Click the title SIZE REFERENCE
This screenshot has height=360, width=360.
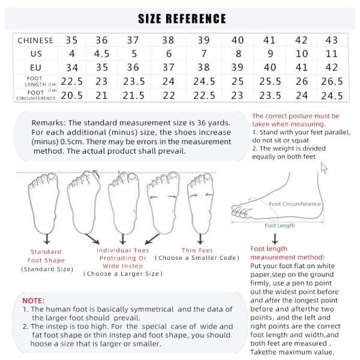click(x=182, y=19)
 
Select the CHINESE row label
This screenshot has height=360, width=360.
click(x=35, y=40)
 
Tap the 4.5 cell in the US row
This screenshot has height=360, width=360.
click(x=102, y=53)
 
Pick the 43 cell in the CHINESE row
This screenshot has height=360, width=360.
click(x=331, y=40)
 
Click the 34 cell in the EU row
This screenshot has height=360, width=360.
click(x=72, y=67)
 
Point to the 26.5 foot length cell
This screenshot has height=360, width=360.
click(x=331, y=81)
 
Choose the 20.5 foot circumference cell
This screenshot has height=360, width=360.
click(x=72, y=95)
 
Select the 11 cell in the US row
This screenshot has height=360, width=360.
click(x=331, y=53)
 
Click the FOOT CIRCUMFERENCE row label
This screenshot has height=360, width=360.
click(x=35, y=95)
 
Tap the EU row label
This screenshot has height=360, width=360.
click(x=35, y=67)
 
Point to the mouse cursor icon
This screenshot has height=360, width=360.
click(x=325, y=167)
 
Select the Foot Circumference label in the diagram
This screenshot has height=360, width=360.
click(x=295, y=204)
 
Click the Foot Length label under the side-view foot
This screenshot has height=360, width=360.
click(x=280, y=226)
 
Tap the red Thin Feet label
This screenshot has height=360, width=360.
click(x=197, y=250)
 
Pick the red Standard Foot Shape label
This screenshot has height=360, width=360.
click(x=46, y=256)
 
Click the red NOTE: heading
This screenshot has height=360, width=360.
click(x=33, y=299)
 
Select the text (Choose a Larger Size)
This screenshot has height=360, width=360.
click(x=122, y=274)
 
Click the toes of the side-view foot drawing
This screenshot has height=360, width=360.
click(x=240, y=211)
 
